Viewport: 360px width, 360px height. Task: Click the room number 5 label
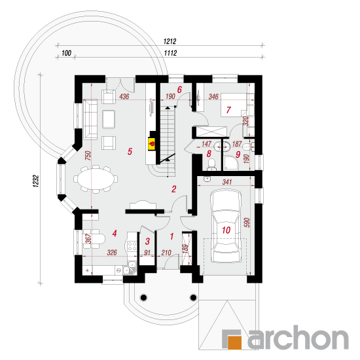point(130,152)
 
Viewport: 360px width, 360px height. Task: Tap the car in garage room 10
point(226,226)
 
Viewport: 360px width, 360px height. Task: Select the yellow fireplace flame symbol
point(152,144)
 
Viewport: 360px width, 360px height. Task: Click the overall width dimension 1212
point(170,41)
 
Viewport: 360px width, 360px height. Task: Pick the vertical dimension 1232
point(36,181)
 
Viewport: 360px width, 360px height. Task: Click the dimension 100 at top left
point(66,53)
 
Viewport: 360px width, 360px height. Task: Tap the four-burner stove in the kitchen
point(132,245)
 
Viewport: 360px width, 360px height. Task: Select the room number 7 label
point(228,110)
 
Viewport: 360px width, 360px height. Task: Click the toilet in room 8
point(211,164)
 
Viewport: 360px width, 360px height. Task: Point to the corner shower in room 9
point(231,163)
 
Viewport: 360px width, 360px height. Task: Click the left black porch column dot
point(143,298)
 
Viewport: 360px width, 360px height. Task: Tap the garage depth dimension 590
point(247,223)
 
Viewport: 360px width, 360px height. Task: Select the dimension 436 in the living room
point(124,96)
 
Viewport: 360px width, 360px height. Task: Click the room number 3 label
point(147,242)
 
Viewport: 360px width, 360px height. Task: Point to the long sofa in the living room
point(90,119)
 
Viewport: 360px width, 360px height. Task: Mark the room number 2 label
point(174,189)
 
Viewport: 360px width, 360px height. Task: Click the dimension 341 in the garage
point(227,182)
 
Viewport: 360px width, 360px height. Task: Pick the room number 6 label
point(179,90)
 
